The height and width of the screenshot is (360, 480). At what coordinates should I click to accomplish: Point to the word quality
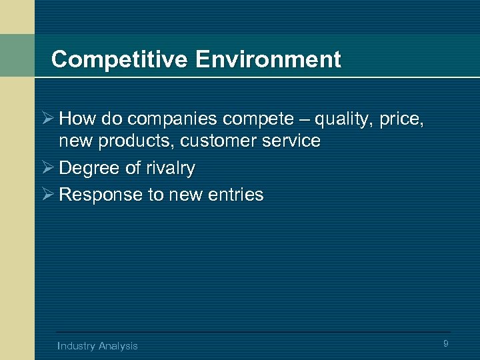[345, 119]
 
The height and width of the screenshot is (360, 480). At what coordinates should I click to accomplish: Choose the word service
[291, 141]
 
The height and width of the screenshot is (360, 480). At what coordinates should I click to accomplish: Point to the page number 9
[445, 343]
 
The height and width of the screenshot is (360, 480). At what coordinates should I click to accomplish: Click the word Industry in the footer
[76, 345]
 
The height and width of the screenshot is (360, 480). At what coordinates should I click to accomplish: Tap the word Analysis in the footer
[118, 345]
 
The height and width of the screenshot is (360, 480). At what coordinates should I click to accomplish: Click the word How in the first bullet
[75, 119]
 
